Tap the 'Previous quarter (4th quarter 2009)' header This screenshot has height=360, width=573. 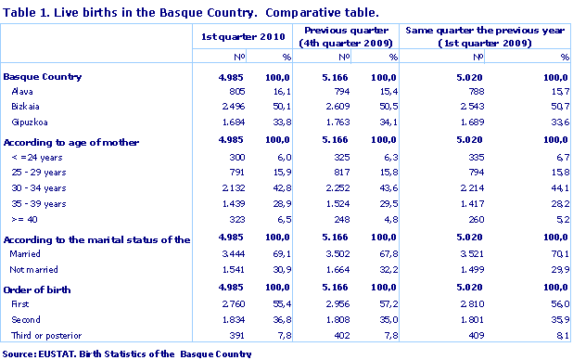coord(346,37)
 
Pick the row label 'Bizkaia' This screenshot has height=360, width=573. coord(25,108)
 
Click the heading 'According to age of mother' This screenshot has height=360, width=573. coord(71,142)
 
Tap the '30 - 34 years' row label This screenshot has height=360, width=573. coord(38,188)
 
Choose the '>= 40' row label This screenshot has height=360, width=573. coord(25,220)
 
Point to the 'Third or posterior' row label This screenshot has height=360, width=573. coord(45,335)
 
